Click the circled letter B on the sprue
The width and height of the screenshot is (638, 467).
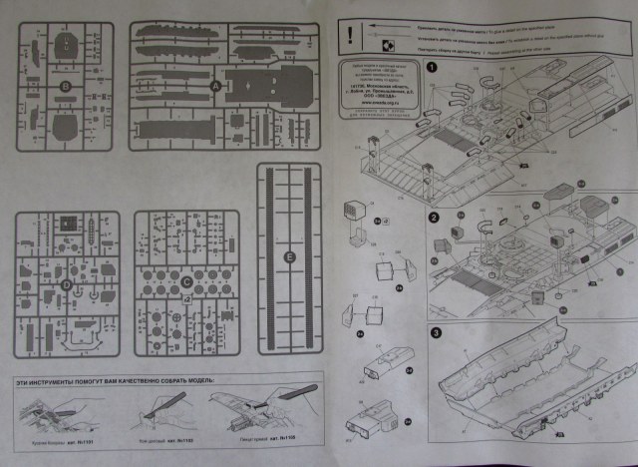pos(66,89)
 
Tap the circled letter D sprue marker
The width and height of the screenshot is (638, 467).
pos(66,284)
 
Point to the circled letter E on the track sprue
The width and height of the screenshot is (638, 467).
pos(290,259)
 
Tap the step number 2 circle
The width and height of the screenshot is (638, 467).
pos(434,218)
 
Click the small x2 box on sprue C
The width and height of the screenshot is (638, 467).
pos(173,316)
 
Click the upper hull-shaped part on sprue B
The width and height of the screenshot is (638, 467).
pos(66,45)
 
